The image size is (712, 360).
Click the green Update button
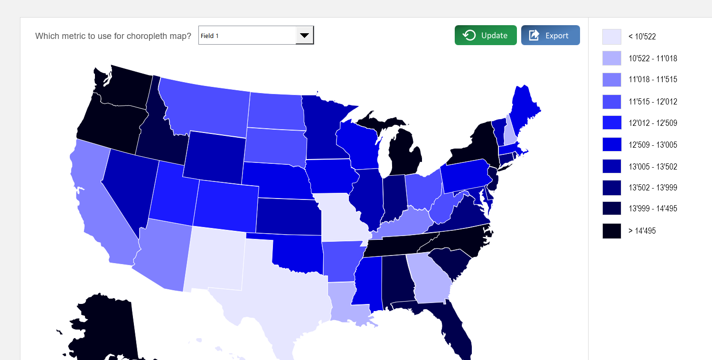coord(485,35)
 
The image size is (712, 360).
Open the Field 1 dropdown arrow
coord(304,35)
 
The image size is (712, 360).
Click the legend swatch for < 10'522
coord(611,37)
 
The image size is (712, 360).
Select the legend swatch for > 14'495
coord(611,231)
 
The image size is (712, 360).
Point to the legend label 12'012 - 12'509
coord(653,123)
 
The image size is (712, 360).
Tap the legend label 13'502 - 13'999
coord(653,188)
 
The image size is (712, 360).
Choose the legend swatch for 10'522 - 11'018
coord(611,58)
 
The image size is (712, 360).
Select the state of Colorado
coord(225,204)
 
